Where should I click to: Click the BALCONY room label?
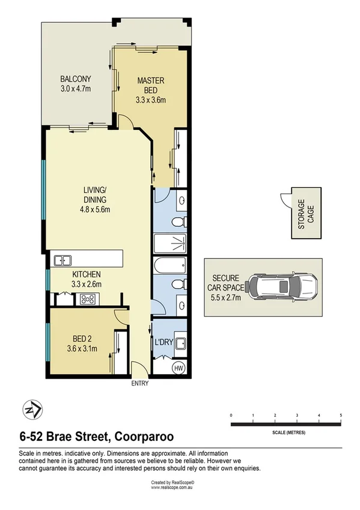pos(75,79)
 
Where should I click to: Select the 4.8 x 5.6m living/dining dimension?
pos(95,210)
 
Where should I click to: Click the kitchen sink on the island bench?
pos(63,260)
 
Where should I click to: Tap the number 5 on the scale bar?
pos(341,416)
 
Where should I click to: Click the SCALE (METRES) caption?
pos(286,432)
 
